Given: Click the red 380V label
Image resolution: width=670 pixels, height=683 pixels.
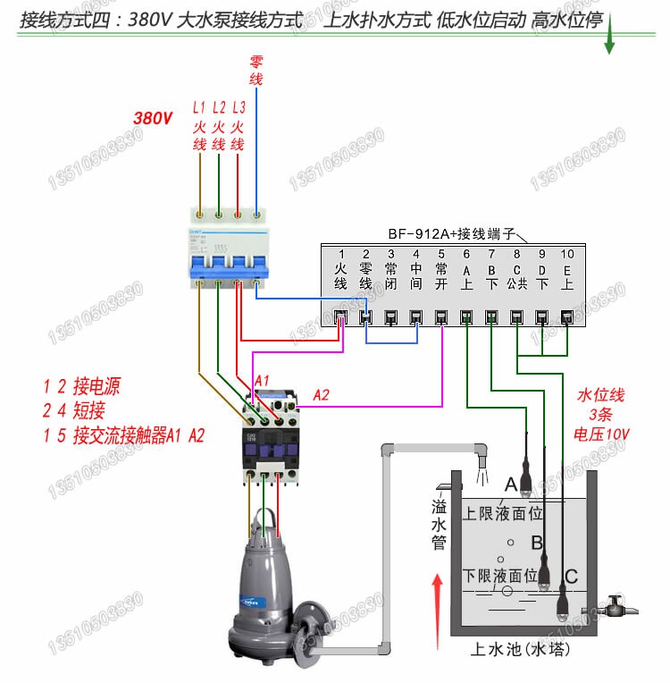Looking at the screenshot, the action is coord(152,117).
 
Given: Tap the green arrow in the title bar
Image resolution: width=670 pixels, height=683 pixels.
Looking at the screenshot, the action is coord(609,40).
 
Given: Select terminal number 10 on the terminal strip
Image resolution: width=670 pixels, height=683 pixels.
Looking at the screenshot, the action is coord(566,255).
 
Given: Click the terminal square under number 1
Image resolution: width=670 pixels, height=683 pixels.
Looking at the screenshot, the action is coord(340,316).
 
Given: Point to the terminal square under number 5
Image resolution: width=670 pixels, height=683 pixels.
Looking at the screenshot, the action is coord(441,316).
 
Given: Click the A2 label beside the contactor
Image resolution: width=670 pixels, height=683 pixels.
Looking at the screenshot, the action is coord(322,394).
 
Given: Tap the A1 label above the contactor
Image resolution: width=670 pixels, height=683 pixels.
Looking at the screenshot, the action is coord(262,381).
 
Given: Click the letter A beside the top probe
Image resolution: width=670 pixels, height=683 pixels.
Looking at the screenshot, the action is coord(511,484).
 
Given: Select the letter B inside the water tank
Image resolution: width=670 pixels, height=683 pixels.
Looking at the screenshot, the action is coord(537,542).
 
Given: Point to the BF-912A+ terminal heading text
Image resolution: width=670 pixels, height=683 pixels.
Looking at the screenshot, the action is coord(452,234).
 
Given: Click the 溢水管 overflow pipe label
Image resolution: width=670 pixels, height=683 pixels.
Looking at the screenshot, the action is coord(440,525).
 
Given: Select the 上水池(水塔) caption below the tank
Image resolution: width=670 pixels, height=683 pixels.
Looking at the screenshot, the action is coord(521,649).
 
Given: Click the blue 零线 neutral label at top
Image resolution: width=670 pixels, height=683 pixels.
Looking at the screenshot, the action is coord(256,71).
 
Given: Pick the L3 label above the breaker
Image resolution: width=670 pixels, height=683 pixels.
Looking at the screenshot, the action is coord(238,107).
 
